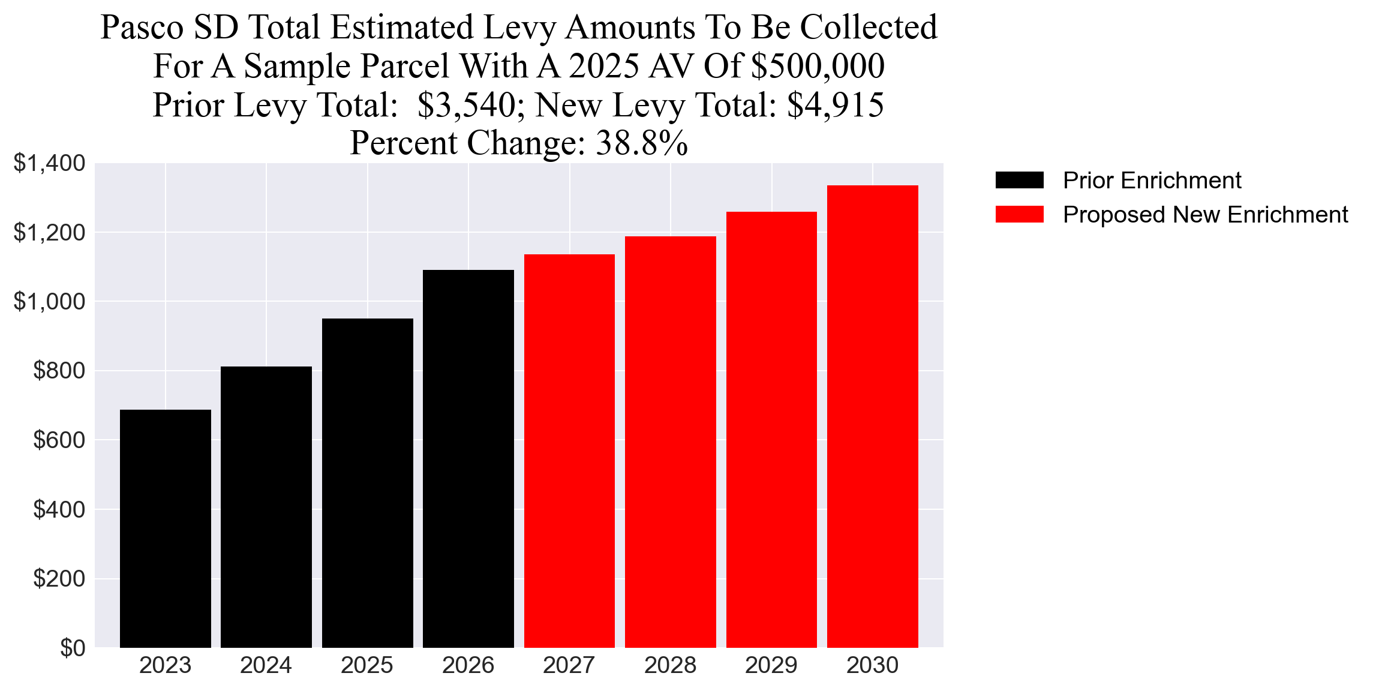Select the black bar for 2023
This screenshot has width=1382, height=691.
pyautogui.click(x=166, y=528)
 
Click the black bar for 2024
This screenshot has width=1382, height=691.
pyautogui.click(x=266, y=507)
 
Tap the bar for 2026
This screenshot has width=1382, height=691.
pyautogui.click(x=468, y=459)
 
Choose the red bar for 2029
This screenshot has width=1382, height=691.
pyautogui.click(x=771, y=429)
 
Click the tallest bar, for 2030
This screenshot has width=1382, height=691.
pyautogui.click(x=872, y=416)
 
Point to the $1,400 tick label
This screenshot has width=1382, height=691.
pyautogui.click(x=49, y=163)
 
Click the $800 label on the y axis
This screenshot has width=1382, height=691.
pyautogui.click(x=59, y=371)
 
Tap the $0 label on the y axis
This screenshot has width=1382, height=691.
pyautogui.click(x=73, y=648)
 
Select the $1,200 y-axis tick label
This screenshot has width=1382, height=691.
pyautogui.click(x=49, y=232)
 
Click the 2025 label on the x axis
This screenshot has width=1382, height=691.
pyautogui.click(x=367, y=666)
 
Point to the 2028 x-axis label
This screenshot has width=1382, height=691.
pyautogui.click(x=670, y=666)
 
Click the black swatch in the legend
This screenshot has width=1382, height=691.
pyautogui.click(x=1019, y=180)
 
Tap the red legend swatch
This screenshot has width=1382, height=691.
pyautogui.click(x=1019, y=214)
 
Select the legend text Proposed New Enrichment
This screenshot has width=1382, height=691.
pyautogui.click(x=1205, y=215)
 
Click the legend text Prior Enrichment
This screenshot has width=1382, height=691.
pyautogui.click(x=1152, y=181)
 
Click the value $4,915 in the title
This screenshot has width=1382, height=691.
pyautogui.click(x=835, y=105)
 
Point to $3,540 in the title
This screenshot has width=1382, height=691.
pyautogui.click(x=465, y=105)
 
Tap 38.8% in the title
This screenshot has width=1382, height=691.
pyautogui.click(x=641, y=143)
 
